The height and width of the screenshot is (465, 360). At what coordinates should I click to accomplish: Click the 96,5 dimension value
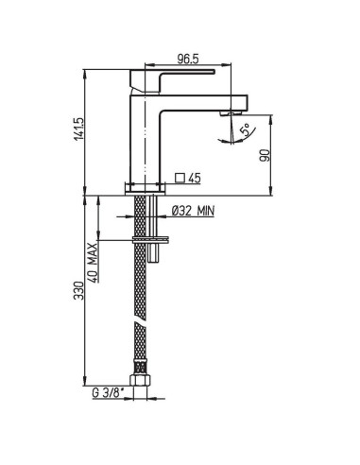click(x=192, y=59)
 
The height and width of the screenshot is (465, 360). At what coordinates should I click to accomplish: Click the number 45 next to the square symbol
click(x=197, y=177)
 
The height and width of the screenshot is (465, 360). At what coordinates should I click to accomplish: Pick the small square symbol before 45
click(x=180, y=177)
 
